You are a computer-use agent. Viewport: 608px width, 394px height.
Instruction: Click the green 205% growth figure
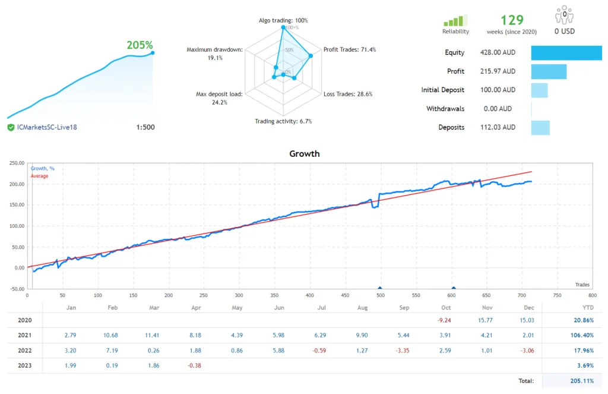[140, 45]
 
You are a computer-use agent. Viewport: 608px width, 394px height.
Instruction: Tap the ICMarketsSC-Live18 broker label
[47, 127]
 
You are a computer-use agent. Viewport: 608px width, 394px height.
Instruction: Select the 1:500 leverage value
[145, 127]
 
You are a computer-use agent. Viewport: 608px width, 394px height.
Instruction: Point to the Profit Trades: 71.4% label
[349, 50]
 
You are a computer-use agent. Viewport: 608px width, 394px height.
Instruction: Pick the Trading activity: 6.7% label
[283, 121]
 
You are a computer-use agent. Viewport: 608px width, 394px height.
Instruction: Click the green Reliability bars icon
[455, 21]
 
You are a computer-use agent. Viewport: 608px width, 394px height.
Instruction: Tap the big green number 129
[512, 20]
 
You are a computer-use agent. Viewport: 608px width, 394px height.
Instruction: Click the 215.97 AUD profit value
[498, 71]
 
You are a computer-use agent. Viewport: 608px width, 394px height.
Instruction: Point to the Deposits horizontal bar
[540, 128]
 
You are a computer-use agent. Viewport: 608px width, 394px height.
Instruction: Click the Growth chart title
[304, 154]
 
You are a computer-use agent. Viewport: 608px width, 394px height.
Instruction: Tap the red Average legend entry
[40, 176]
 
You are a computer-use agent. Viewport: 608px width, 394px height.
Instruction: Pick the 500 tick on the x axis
[380, 295]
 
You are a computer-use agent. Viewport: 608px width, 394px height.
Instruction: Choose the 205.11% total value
[580, 381]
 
